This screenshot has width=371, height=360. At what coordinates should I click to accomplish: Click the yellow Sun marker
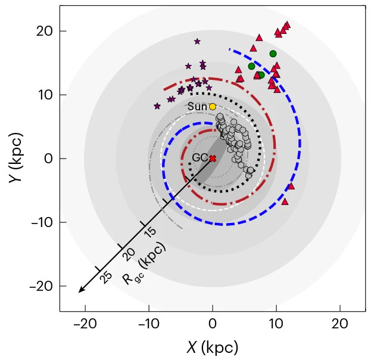[213, 106]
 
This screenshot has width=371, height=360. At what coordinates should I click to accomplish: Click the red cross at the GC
[213, 158]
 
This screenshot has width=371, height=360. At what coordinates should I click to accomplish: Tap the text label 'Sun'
[197, 107]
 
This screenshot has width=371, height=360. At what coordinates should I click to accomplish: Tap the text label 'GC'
[199, 158]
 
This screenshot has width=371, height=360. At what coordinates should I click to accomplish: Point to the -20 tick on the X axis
[85, 311]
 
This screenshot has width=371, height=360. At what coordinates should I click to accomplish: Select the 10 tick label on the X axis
[276, 325]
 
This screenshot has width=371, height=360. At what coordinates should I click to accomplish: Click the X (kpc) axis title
[213, 347]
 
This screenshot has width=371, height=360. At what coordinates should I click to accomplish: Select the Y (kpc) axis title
[15, 159]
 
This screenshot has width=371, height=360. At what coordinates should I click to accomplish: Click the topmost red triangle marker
[287, 24]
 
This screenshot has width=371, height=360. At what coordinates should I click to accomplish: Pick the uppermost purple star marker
[197, 41]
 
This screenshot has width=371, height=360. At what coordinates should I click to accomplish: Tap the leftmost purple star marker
[157, 106]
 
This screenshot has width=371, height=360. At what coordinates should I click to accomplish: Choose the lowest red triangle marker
[285, 201]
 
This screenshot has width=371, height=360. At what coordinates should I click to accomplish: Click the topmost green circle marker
[273, 54]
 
